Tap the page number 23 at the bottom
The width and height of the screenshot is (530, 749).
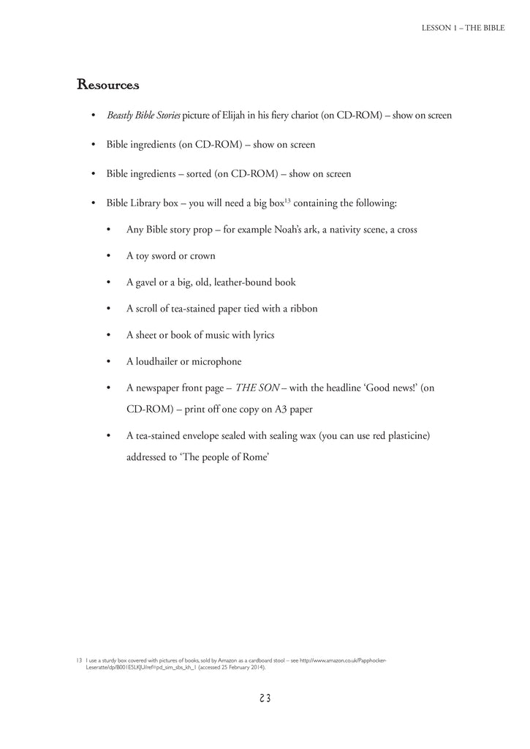point(265,698)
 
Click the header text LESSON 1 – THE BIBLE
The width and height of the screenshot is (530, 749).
point(463,28)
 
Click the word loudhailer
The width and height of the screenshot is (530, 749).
point(156,361)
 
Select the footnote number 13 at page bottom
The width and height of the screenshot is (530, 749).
point(79,660)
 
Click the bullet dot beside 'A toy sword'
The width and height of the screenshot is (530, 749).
point(108,256)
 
